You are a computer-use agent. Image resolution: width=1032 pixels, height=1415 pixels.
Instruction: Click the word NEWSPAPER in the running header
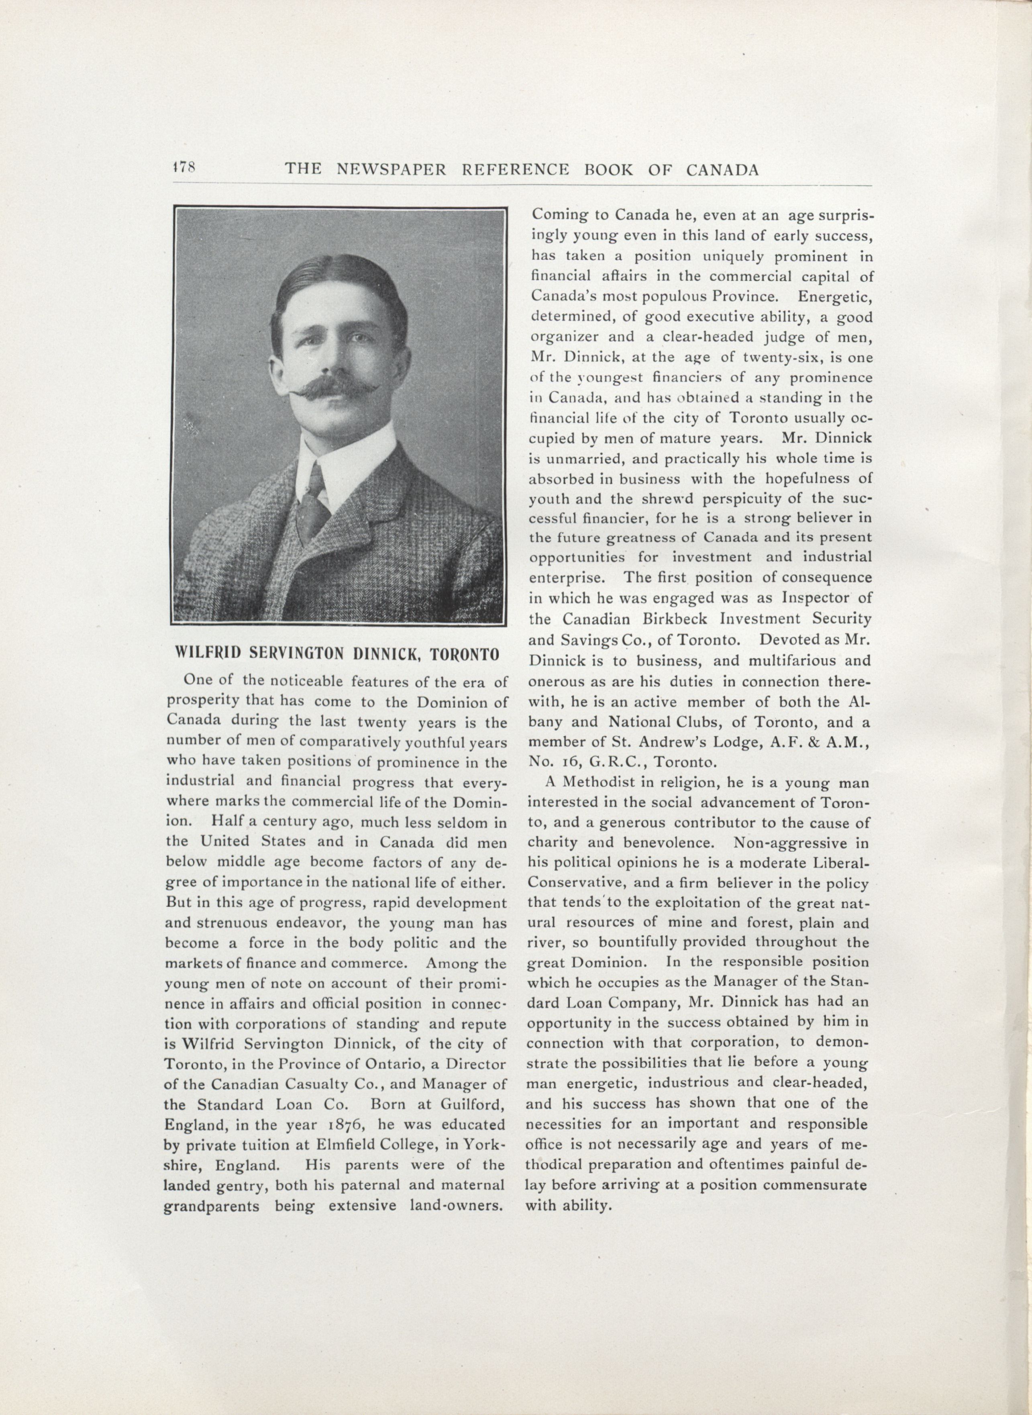click(x=391, y=169)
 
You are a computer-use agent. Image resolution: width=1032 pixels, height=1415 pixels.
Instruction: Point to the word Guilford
click(x=469, y=1105)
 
